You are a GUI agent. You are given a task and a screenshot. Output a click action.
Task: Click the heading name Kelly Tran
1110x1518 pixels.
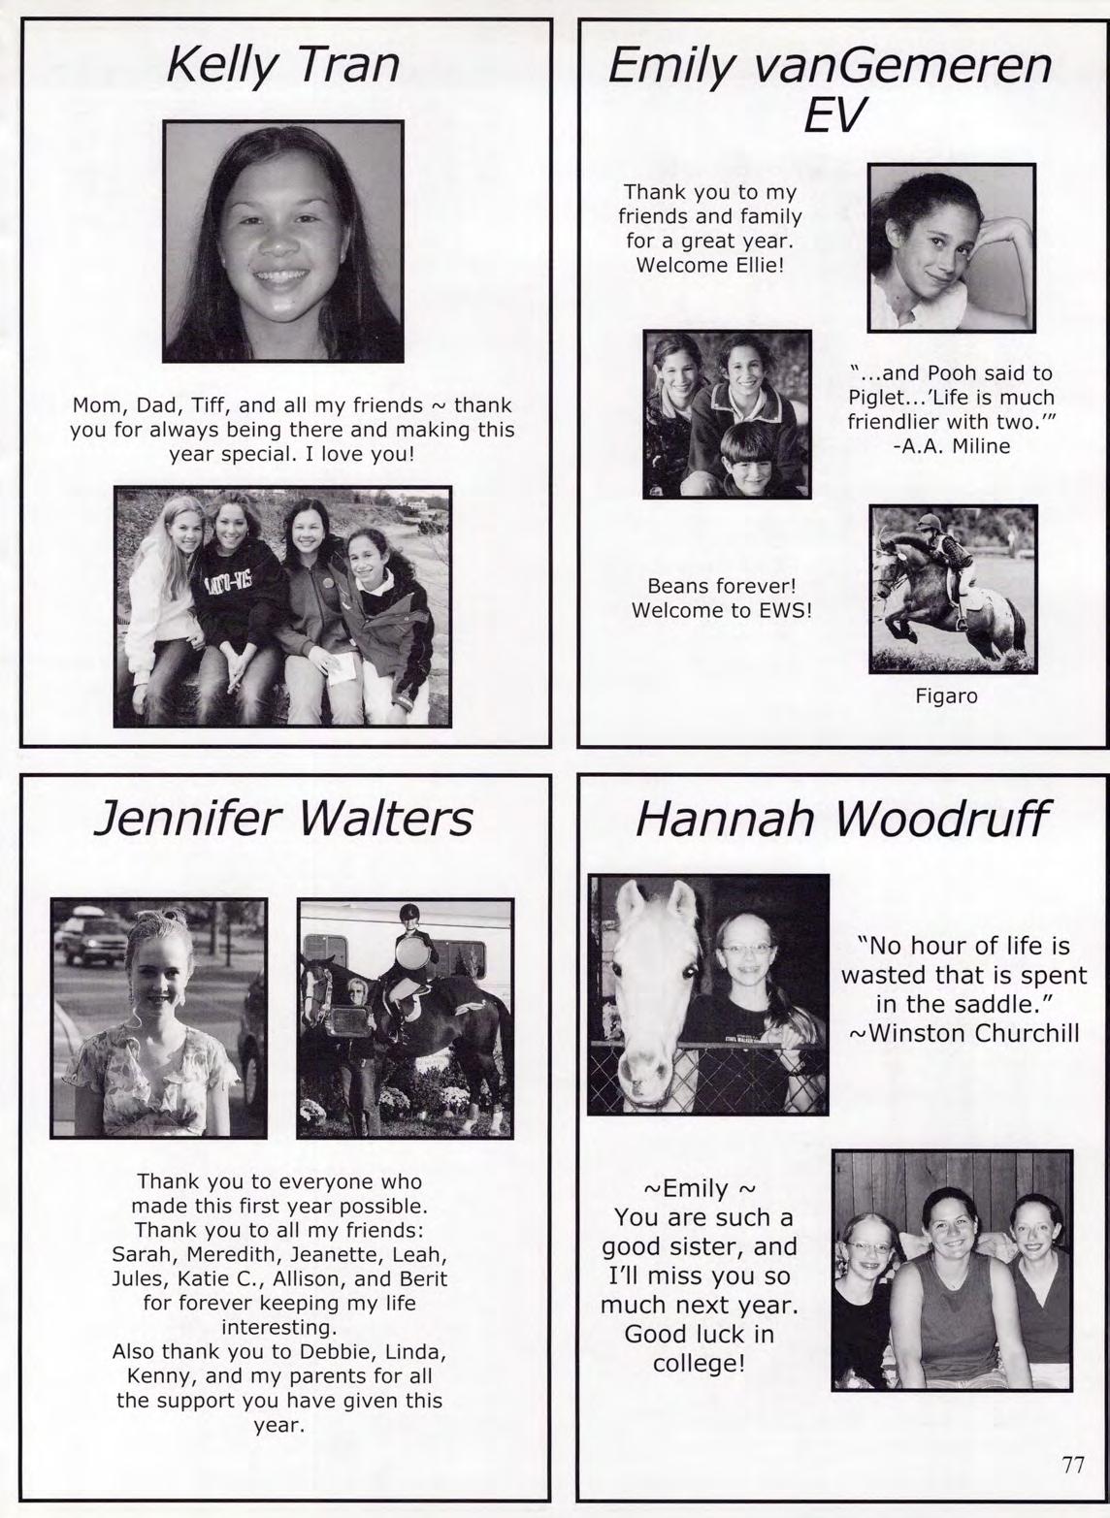(x=282, y=65)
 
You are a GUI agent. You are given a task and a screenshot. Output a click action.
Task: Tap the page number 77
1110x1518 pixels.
(x=1072, y=1465)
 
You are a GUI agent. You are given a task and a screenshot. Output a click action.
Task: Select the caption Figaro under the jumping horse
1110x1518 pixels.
(x=946, y=695)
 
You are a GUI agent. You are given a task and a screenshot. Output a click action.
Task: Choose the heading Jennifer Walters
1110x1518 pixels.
(x=282, y=818)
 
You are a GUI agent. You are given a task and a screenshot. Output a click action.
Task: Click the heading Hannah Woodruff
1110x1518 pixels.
(x=841, y=820)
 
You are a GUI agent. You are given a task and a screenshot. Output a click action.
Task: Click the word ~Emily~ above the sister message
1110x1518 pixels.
(x=699, y=1188)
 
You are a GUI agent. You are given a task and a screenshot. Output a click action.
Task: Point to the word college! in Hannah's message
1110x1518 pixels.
(x=699, y=1364)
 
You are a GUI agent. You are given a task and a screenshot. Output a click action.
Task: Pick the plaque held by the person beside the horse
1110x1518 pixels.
(x=351, y=1017)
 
